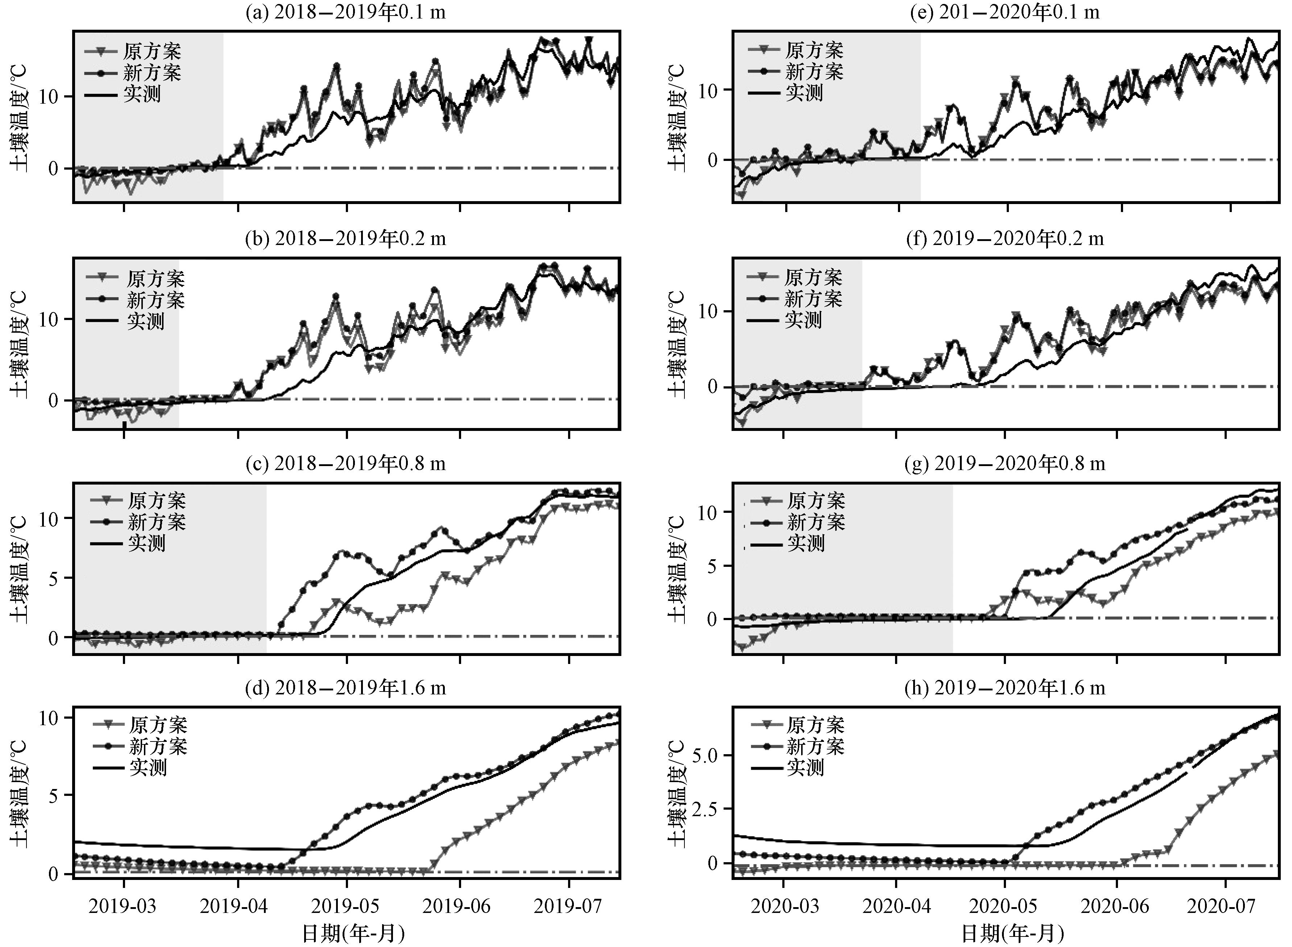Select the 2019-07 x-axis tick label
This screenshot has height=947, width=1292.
[x=568, y=906]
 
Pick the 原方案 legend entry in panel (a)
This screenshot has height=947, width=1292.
[x=152, y=51]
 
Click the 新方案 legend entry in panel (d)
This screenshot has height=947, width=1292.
[x=158, y=746]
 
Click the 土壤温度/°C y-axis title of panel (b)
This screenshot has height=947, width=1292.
[x=19, y=344]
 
